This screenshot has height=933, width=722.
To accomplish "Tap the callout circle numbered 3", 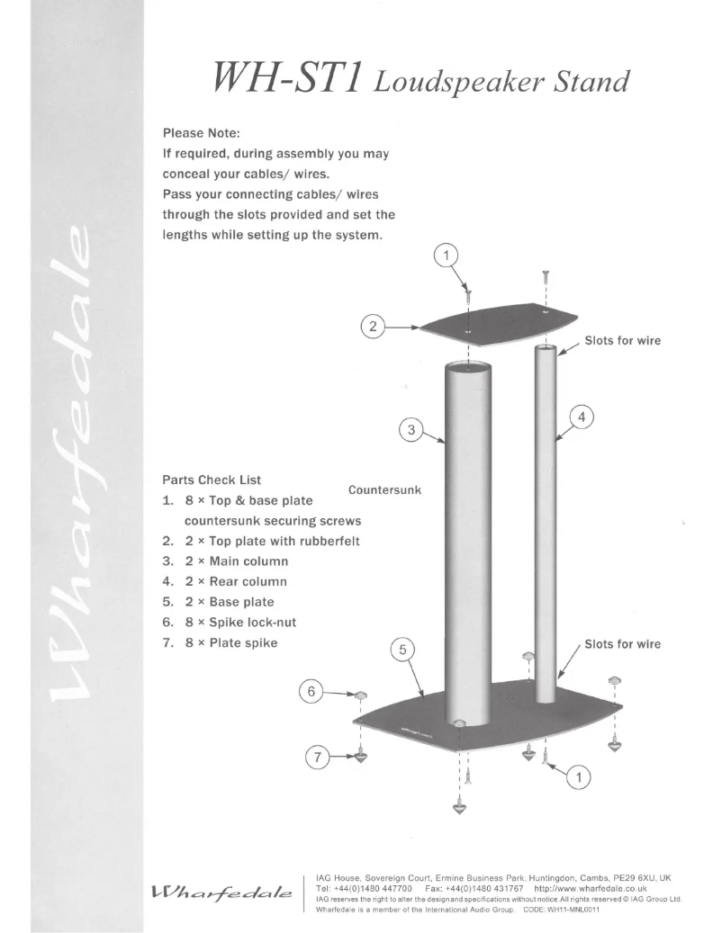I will [411, 430].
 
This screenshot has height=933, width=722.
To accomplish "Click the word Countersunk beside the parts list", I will [384, 490].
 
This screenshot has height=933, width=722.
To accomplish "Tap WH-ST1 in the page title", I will [272, 80].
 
